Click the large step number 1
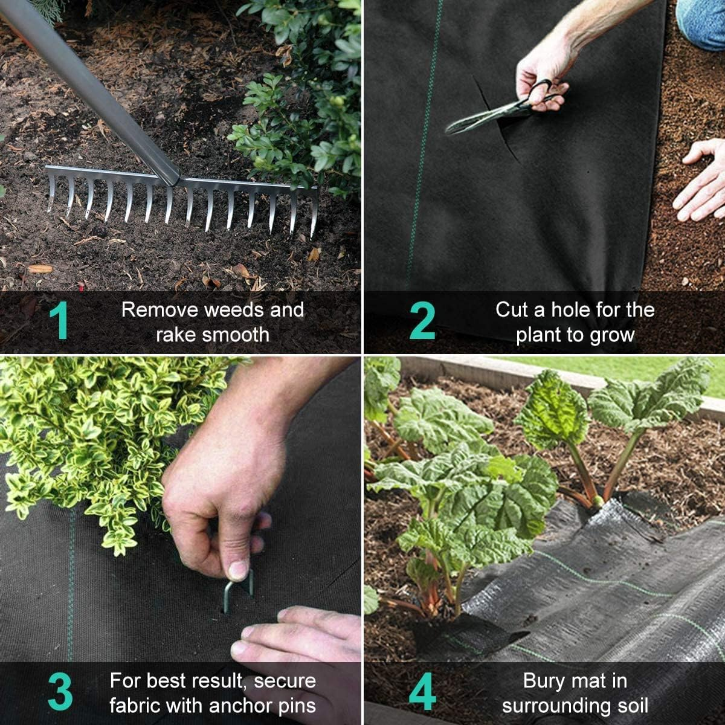point(59,321)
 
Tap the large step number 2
point(422,321)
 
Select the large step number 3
point(60,692)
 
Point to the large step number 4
point(422,692)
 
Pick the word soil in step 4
point(628,706)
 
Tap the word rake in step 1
point(175,335)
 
